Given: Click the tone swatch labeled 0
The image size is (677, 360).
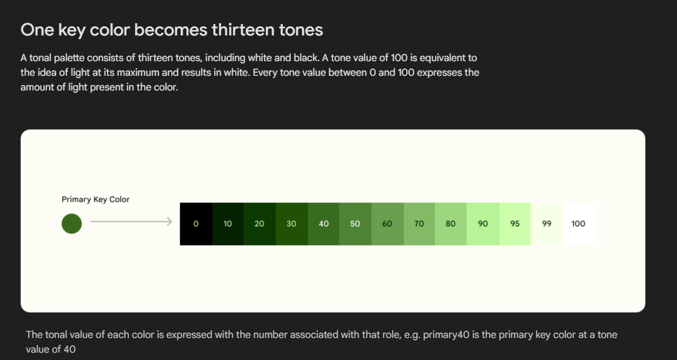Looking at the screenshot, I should click(x=196, y=224).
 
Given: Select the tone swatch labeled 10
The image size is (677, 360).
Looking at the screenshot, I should click(x=228, y=224).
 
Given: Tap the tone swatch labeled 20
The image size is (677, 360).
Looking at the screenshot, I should click(x=260, y=224).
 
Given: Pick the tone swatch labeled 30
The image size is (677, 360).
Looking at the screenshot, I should click(x=291, y=224).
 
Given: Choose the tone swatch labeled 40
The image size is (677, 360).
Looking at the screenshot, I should click(x=324, y=224).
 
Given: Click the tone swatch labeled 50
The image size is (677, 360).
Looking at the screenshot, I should click(x=355, y=224).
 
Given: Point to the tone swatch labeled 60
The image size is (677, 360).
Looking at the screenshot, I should click(x=387, y=224).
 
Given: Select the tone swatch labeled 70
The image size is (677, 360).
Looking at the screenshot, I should click(x=419, y=224).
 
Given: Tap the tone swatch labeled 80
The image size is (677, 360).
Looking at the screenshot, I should click(x=451, y=224).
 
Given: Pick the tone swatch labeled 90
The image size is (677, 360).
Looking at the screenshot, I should click(x=483, y=224).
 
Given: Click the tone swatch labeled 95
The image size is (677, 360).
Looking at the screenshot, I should click(x=515, y=224).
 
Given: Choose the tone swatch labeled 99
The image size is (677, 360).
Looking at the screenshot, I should click(x=547, y=224).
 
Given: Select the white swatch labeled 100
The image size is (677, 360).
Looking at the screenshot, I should click(x=578, y=224).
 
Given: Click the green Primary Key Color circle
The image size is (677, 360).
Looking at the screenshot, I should click(x=71, y=224).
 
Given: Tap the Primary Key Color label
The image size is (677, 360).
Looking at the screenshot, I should click(x=95, y=199).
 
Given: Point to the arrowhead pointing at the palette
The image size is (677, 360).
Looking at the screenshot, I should click(x=169, y=224).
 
